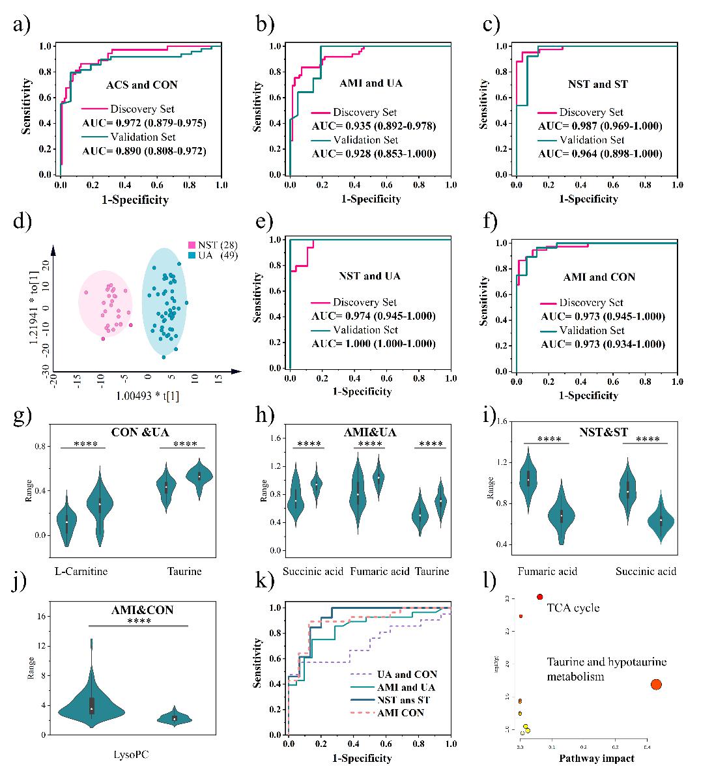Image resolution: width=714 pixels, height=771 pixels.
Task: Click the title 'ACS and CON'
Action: (x=141, y=85)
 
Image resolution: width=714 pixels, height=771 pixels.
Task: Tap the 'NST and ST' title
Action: (x=597, y=84)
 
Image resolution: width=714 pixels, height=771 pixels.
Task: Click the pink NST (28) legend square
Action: (x=192, y=245)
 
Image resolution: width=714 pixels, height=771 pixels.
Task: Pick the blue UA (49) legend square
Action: (x=192, y=255)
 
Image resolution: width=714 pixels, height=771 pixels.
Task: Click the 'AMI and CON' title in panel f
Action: (x=597, y=277)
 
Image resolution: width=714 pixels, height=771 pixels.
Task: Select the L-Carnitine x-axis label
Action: (x=81, y=571)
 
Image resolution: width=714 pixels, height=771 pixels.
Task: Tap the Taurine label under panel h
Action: (x=432, y=571)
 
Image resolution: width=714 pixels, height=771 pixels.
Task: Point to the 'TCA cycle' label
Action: (x=573, y=608)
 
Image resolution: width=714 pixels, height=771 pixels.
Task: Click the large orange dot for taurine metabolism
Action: (x=655, y=684)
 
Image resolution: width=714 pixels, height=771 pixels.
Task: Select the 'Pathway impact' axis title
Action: (x=597, y=758)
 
